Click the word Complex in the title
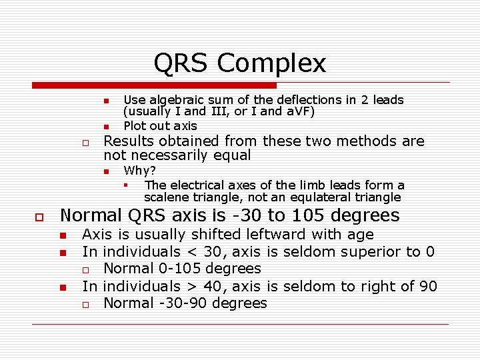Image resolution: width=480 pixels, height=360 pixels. tap(271, 63)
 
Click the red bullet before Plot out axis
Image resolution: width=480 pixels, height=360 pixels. tap(105, 127)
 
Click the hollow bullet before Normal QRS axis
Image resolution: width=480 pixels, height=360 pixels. tap(39, 217)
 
